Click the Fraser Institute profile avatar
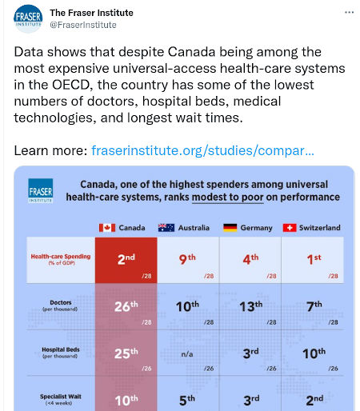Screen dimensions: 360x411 tap(28, 19)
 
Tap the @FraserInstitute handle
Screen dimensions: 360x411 tap(83, 25)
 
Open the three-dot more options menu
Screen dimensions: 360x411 tap(349, 12)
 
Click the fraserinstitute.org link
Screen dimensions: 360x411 tap(202, 150)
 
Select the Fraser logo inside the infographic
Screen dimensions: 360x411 tap(41, 191)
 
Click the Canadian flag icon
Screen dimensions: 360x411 tap(107, 228)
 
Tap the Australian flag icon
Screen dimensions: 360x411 tap(166, 228)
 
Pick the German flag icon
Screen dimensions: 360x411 tap(230, 228)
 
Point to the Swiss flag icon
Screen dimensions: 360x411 tap(290, 228)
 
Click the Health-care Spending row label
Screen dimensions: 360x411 tap(61, 259)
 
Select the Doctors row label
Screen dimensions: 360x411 tap(61, 305)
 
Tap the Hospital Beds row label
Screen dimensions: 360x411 tap(61, 353)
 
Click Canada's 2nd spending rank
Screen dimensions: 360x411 tap(126, 259)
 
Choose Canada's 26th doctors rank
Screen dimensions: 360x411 tap(126, 306)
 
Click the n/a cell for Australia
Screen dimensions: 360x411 tap(187, 354)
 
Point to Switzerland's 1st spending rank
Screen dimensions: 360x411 tap(314, 259)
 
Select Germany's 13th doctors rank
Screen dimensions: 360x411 tap(251, 306)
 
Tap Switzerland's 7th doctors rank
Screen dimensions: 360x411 tap(314, 306)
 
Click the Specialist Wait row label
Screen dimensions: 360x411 tap(61, 399)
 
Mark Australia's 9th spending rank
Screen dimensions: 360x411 tap(187, 259)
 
